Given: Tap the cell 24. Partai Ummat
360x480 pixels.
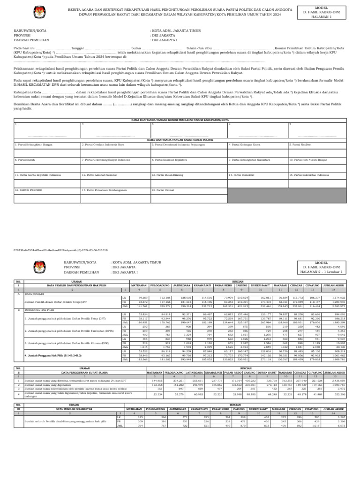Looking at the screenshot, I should [x=162, y=190].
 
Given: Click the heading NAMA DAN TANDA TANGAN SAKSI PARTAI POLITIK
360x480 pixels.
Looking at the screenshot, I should [x=180, y=140].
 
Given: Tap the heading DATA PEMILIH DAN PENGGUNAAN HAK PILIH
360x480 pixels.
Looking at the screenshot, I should [x=70, y=285].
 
